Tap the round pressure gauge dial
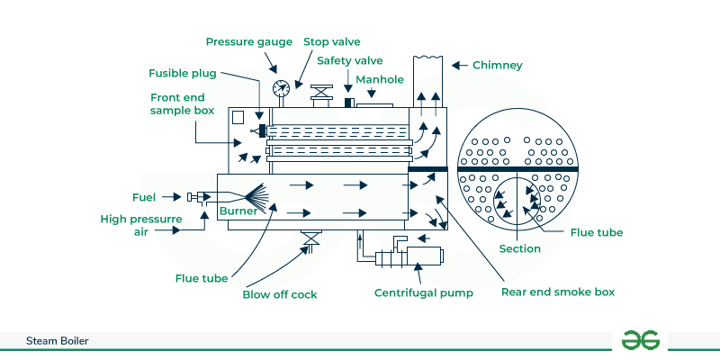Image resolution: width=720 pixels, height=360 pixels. [280, 88]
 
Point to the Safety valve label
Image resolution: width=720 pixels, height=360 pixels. [350, 60]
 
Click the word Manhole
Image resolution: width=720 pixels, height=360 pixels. [379, 79]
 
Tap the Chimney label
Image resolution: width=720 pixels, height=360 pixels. [498, 65]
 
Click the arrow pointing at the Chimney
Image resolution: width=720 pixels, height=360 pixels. [457, 65]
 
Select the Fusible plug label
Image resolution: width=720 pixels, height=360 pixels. [183, 73]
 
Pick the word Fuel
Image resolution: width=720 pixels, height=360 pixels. [144, 196]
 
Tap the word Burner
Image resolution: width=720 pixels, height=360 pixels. [238, 212]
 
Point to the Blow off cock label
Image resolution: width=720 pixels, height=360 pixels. [280, 294]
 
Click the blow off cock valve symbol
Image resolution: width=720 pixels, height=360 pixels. [312, 238]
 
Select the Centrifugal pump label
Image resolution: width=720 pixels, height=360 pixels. [418, 293]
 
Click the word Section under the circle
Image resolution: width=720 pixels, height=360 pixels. [520, 248]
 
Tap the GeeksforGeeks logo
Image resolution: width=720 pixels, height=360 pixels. [640, 340]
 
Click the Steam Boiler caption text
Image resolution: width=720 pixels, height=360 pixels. [57, 341]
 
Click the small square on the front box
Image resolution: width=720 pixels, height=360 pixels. [238, 117]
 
